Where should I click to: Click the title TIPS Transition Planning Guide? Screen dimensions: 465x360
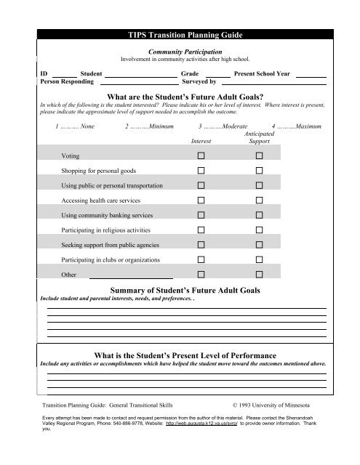click(x=180, y=35)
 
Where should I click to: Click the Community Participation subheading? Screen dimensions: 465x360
click(x=180, y=51)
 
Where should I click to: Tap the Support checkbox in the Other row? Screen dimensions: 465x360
click(x=258, y=275)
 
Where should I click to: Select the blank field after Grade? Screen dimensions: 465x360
click(x=218, y=74)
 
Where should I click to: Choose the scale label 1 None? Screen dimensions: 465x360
click(x=75, y=127)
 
